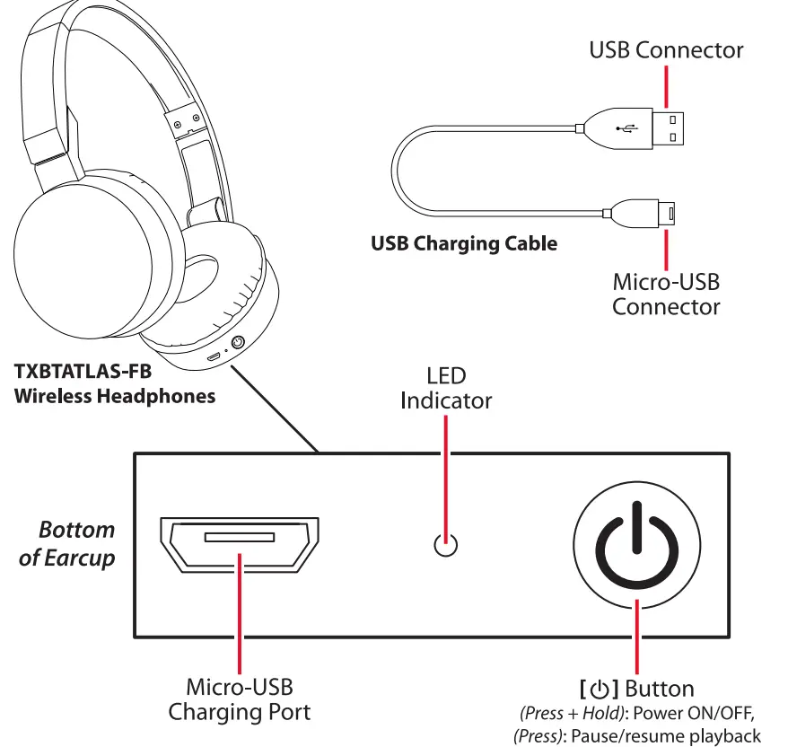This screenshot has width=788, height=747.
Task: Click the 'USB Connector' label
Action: (x=665, y=49)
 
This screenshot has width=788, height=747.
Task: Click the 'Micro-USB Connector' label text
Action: (x=666, y=294)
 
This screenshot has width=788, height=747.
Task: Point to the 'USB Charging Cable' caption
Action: (x=463, y=243)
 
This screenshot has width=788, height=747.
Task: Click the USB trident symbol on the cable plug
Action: (x=628, y=128)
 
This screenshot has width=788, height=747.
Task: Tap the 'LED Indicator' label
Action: (x=446, y=388)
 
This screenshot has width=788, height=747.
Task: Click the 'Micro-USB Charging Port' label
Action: (x=239, y=700)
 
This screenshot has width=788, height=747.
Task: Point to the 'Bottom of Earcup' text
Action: (x=67, y=543)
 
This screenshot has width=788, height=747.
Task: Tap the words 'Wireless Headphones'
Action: (x=115, y=395)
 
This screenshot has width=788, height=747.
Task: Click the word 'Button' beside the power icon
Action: (x=660, y=690)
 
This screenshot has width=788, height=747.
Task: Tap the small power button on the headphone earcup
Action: (x=239, y=342)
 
